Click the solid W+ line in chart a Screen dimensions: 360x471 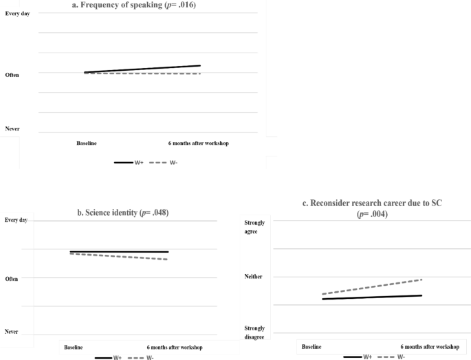(142, 69)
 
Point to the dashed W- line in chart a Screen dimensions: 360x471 (142, 74)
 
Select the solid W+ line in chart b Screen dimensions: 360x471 (119, 251)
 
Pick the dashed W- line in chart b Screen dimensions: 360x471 (119, 256)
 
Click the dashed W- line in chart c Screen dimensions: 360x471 (371, 287)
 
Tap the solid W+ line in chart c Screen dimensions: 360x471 (371, 297)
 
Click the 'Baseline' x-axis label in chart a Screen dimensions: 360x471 (87, 143)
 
